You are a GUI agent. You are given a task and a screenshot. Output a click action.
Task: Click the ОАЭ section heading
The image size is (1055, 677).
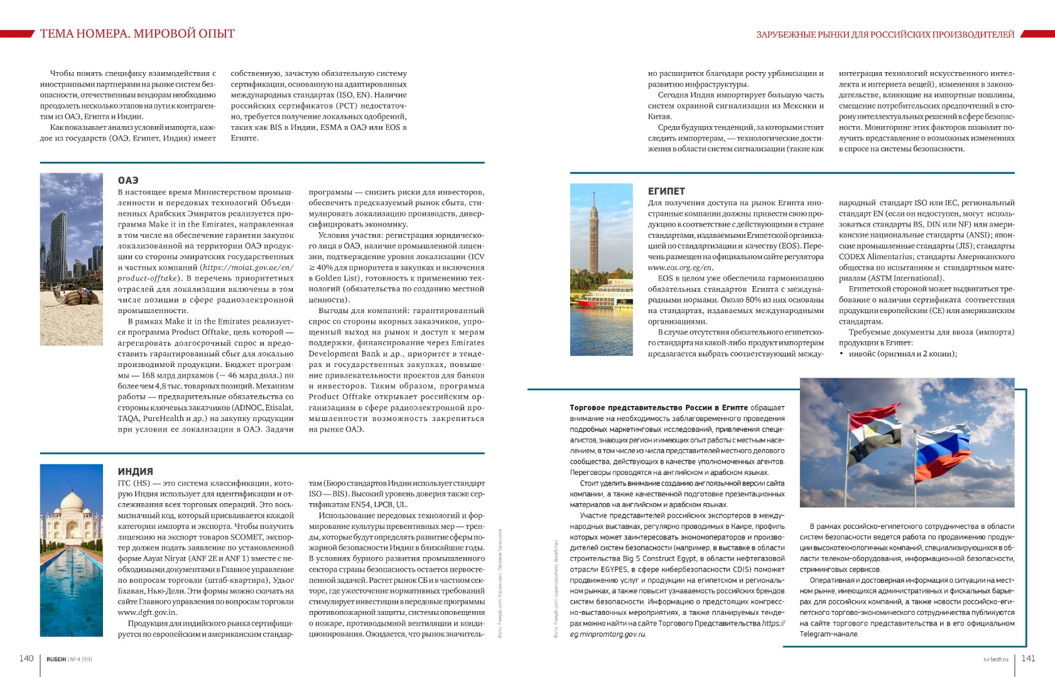[128, 181]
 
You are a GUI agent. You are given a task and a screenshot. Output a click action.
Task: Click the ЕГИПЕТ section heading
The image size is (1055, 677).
[666, 191]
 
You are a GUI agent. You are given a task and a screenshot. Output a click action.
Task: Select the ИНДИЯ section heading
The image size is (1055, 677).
[135, 471]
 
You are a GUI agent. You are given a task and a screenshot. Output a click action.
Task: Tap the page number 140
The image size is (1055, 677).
[26, 658]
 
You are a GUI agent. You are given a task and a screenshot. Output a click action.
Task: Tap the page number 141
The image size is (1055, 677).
[1028, 658]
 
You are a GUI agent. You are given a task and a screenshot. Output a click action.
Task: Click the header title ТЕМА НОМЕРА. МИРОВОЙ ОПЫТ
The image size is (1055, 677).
[137, 33]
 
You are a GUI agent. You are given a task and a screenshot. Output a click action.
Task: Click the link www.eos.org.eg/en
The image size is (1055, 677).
[680, 268]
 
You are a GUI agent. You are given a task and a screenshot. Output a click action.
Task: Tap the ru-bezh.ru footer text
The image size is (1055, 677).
[995, 659]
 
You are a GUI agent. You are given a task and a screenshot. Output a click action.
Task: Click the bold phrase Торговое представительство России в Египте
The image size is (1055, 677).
[658, 408]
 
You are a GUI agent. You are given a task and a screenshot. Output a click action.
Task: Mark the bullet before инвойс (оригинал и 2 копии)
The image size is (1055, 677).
[841, 354]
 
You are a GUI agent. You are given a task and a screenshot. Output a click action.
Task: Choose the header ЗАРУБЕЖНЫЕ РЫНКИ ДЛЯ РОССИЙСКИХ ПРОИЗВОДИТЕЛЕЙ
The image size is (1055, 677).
[885, 35]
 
